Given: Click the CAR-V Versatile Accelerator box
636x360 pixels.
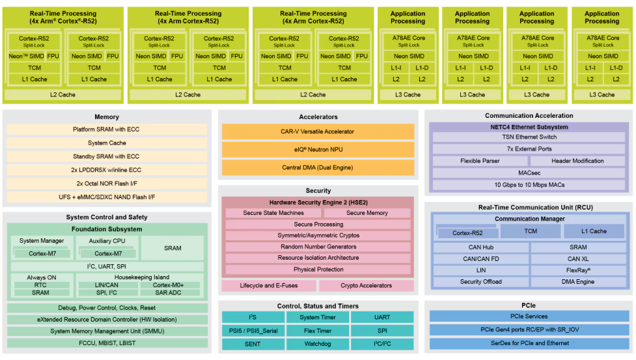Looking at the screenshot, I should click(318, 132).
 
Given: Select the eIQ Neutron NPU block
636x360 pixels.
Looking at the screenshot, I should click(318, 150).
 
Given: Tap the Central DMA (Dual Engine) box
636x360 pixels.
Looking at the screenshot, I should click(318, 167).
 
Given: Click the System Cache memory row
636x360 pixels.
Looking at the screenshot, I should click(107, 143).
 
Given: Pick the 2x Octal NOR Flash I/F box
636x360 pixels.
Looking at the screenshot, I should click(107, 184).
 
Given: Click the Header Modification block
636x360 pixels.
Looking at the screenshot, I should click(577, 161).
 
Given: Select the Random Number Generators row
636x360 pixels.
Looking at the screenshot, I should click(318, 247).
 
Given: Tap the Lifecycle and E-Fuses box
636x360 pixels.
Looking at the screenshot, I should click(269, 286).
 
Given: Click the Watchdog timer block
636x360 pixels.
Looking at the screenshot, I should click(318, 343).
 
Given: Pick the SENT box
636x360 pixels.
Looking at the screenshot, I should click(253, 343).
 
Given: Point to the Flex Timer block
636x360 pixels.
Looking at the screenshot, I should click(318, 330).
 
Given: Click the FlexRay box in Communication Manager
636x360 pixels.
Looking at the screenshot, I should click(577, 270).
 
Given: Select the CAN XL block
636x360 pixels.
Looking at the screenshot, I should click(577, 259).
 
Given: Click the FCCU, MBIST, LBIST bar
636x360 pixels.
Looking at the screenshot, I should click(107, 343).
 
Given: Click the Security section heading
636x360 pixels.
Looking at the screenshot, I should click(318, 191).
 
